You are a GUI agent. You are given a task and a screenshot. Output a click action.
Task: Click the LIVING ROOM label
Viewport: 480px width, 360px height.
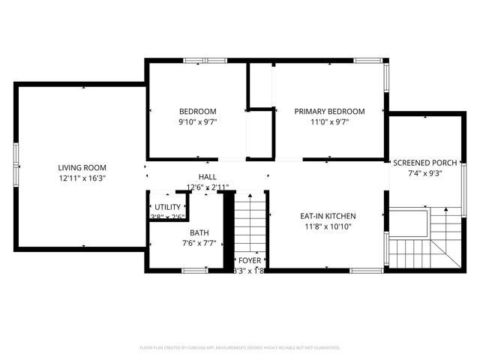point(82,167)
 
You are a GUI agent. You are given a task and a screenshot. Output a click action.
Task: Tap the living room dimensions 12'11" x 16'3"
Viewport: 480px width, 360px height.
point(82,178)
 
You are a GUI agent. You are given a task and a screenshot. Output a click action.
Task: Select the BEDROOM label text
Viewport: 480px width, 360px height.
point(197,111)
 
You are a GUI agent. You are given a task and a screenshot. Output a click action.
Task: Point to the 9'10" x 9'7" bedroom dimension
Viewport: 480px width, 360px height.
point(197,121)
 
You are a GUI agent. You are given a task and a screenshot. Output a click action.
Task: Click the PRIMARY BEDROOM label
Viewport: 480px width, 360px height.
point(329,111)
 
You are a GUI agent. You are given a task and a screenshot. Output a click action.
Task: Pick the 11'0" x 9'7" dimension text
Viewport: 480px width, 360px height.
point(329,121)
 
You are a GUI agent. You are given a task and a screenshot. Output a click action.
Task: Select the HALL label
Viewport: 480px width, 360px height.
point(208,176)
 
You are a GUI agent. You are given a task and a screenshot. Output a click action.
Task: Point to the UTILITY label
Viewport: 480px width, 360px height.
point(167,206)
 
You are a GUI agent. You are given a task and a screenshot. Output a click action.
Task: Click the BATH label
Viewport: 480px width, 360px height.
point(199,232)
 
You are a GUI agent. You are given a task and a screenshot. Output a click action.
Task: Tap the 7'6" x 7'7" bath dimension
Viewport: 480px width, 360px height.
point(199,243)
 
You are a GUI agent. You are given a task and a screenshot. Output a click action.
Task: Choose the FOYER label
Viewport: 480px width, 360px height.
point(250,260)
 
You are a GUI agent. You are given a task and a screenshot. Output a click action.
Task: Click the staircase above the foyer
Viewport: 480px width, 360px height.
point(250,221)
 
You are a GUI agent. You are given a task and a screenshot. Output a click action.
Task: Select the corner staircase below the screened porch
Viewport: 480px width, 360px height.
point(424,240)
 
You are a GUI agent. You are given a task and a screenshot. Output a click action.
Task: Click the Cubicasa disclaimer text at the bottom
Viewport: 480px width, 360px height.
point(240,348)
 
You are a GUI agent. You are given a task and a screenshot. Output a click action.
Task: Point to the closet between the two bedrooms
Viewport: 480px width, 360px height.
point(260,135)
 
